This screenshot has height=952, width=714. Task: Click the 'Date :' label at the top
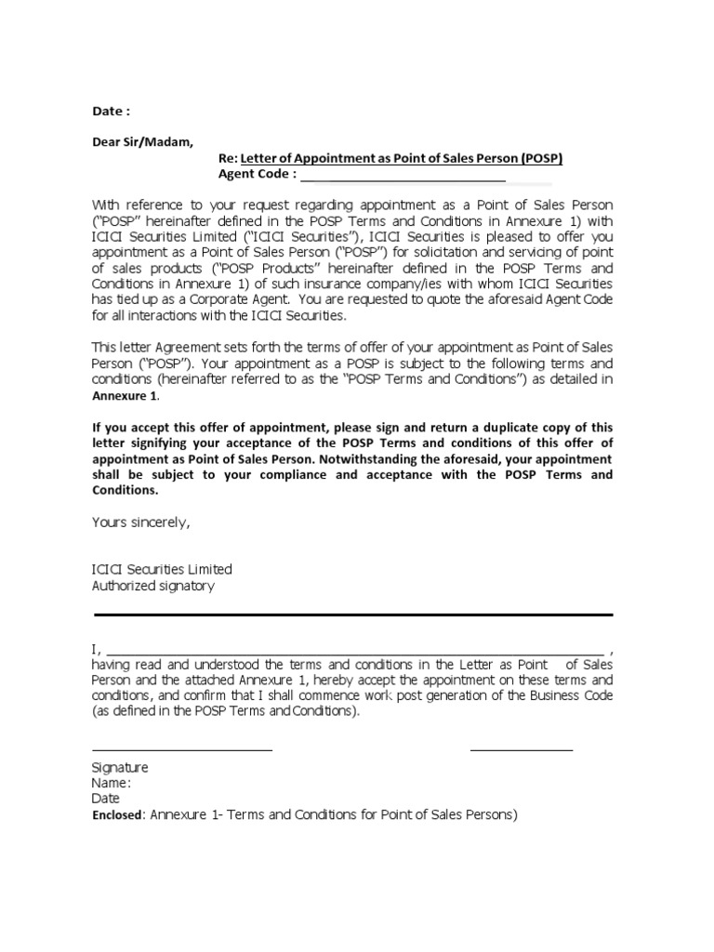(110, 112)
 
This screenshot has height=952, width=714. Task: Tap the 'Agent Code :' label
(258, 174)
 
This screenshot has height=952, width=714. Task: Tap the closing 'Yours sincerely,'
(140, 522)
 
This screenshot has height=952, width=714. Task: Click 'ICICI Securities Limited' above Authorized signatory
(162, 569)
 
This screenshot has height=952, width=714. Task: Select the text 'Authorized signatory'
(152, 586)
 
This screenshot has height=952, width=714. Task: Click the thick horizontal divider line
(352, 615)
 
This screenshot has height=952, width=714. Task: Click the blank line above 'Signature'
(181, 749)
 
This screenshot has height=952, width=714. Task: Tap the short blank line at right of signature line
(522, 749)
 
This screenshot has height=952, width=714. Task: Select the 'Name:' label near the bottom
(111, 783)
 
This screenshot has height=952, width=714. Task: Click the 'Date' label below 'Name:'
(105, 799)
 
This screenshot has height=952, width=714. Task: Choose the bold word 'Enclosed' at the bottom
(117, 815)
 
